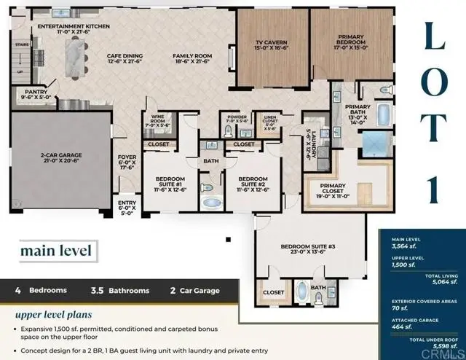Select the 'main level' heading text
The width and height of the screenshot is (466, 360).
pos(57,251)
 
